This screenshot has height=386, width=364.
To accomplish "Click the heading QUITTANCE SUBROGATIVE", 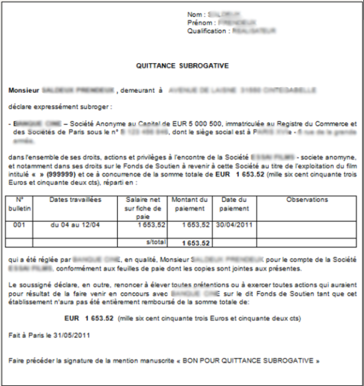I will tap(183, 66).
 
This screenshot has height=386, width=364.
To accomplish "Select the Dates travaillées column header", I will tap(75, 199).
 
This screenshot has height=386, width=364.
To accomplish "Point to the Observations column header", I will tap(307, 199).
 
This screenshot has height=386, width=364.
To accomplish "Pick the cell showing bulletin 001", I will tap(19, 225).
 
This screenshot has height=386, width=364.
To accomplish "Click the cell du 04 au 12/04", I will tap(75, 225).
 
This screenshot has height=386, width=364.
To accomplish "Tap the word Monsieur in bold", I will tap(24, 91).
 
